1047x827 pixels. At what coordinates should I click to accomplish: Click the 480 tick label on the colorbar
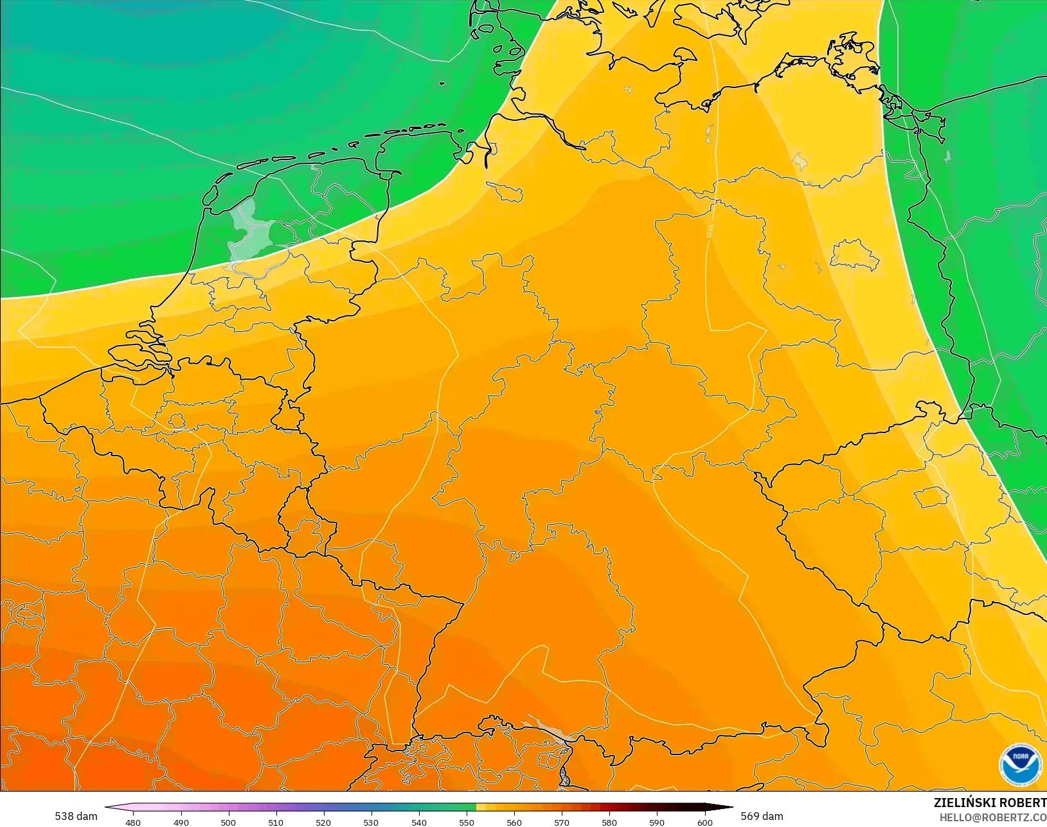133,822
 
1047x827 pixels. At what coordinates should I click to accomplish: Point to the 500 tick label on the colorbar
228,822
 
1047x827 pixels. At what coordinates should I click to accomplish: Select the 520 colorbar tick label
323,822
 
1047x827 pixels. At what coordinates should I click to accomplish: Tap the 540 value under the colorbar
419,822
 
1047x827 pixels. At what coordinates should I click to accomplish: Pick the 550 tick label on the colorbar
467,822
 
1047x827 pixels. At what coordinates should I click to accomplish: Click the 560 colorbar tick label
514,822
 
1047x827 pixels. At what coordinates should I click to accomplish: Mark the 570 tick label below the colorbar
562,822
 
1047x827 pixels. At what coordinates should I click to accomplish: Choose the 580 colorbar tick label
609,822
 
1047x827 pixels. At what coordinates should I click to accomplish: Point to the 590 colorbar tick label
657,822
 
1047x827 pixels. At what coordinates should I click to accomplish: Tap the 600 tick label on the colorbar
705,822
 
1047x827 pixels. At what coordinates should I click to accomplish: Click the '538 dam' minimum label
76,816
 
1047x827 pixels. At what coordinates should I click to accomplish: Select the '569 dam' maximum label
762,816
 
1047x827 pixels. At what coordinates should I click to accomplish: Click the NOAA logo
1020,764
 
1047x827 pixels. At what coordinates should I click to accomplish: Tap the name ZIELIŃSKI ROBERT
990,803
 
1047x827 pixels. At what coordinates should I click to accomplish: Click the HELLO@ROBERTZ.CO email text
993,817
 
